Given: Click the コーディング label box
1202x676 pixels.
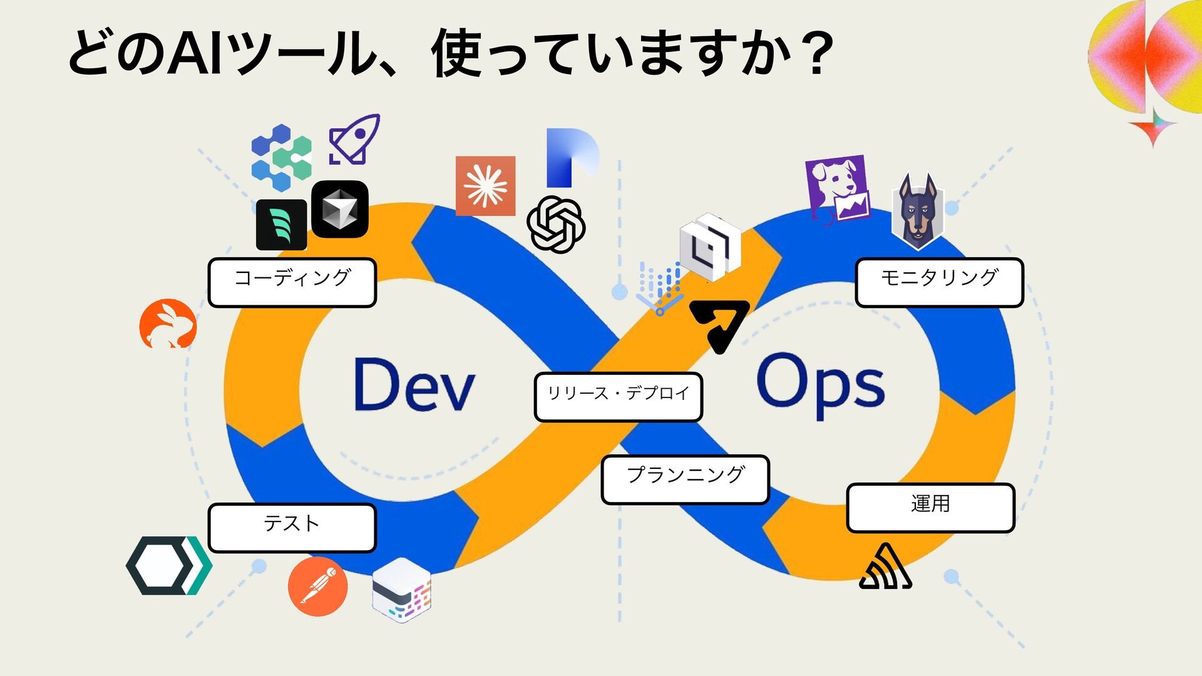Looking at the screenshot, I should (292, 282).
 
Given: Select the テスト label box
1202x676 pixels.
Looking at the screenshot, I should (292, 528).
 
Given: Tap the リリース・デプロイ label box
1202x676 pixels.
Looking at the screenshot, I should (618, 397).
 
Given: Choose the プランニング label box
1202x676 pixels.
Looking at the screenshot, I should (685, 479).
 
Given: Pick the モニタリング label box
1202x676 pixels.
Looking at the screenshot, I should (939, 282).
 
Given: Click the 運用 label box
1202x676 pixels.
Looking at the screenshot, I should (930, 508).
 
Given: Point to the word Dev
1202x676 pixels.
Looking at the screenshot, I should (414, 384).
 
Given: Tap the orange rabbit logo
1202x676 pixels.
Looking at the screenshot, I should (168, 324).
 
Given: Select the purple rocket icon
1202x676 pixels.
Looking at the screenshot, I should (354, 140).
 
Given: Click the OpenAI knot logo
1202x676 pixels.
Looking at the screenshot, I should (555, 224).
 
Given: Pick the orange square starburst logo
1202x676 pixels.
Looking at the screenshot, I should (485, 186).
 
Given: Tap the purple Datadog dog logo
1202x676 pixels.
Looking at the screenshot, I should (838, 189).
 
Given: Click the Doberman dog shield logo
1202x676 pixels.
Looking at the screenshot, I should (917, 212).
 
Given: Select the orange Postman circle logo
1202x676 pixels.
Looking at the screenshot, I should (318, 586).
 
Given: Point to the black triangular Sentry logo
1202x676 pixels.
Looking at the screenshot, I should (885, 568).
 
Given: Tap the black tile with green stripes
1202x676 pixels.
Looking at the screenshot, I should (281, 225).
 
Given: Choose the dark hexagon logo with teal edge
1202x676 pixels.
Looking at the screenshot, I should (168, 565).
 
